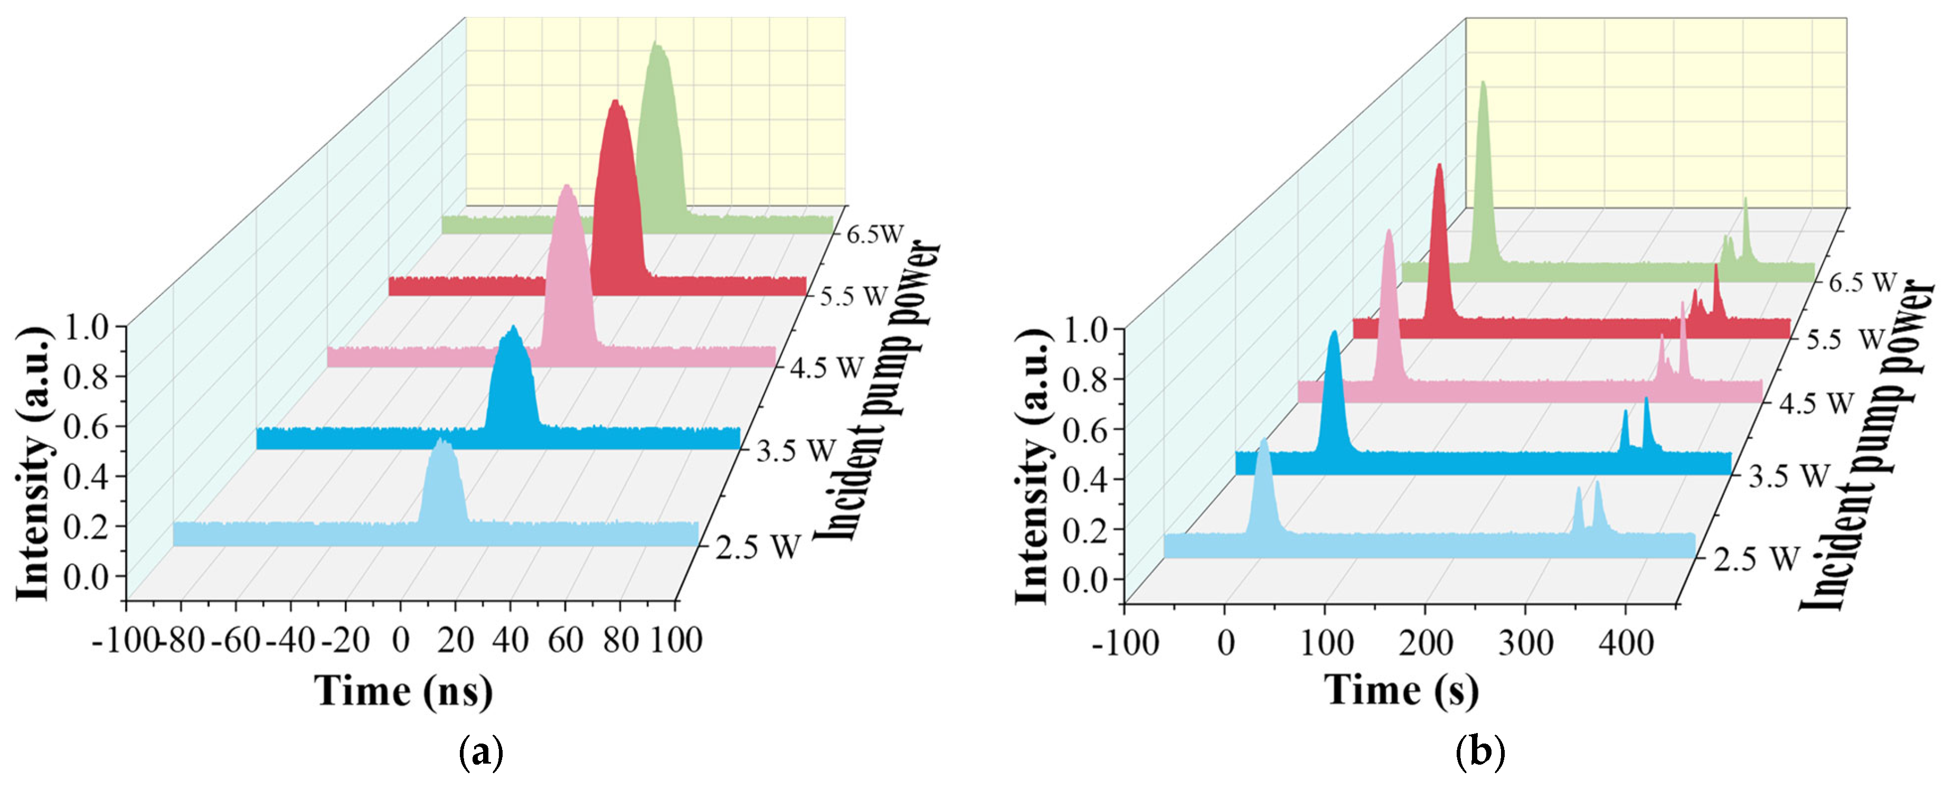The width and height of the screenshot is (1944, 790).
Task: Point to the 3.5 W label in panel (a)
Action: coord(796,451)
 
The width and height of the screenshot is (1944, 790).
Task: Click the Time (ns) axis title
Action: coord(404,690)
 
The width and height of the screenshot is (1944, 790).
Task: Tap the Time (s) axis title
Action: coord(1401,690)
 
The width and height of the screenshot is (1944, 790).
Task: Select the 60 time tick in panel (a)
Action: coord(565,641)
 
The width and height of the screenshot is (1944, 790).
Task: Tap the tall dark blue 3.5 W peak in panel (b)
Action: coord(1334,334)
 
